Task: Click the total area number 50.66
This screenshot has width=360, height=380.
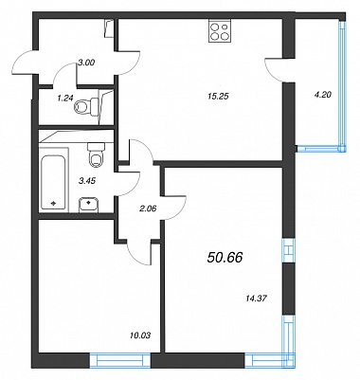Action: click(x=225, y=258)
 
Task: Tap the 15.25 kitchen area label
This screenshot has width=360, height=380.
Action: click(x=218, y=97)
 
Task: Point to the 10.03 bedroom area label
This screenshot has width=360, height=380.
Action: click(x=140, y=335)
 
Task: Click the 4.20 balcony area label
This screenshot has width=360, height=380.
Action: click(x=323, y=94)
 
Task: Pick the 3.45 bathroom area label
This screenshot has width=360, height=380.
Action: click(x=86, y=181)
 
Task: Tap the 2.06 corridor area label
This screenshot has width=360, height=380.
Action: click(x=148, y=208)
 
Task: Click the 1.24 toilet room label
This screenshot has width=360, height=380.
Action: click(x=64, y=99)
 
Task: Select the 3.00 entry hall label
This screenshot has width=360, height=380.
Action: click(x=86, y=63)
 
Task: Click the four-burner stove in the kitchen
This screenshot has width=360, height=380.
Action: click(x=219, y=31)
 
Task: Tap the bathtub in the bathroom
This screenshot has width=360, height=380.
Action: click(x=53, y=183)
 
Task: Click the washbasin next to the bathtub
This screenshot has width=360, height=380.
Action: click(x=89, y=204)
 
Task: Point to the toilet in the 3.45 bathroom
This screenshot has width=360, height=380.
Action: click(x=96, y=154)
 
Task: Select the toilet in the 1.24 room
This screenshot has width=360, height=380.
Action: click(x=86, y=106)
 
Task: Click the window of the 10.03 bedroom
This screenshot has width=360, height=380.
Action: click(x=120, y=360)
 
